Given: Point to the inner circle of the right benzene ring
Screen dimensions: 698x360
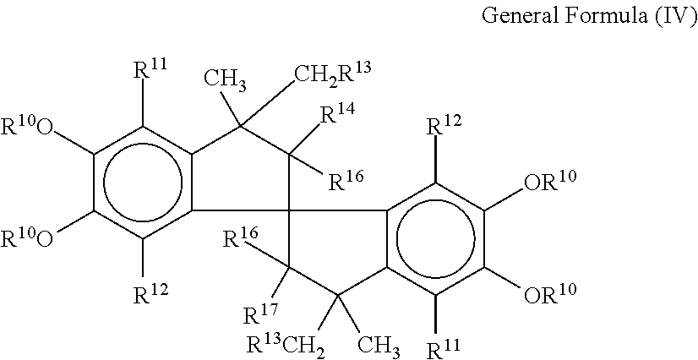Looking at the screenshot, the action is tap(434, 238).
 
